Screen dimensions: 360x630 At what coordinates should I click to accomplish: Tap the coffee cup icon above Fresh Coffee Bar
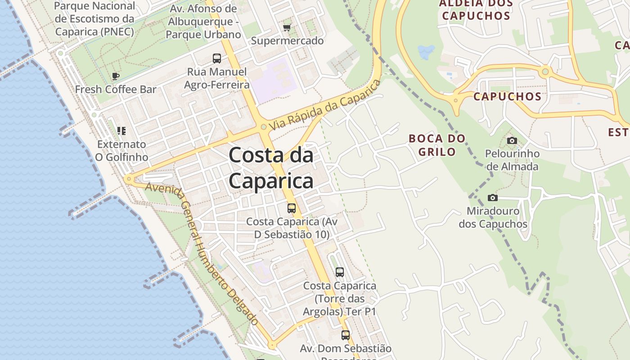pyautogui.click(x=116, y=76)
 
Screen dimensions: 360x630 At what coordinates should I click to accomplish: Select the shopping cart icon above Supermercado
pyautogui.click(x=287, y=27)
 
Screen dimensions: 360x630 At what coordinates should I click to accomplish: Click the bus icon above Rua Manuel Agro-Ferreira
pyautogui.click(x=217, y=58)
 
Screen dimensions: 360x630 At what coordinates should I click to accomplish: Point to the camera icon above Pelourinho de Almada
pyautogui.click(x=512, y=140)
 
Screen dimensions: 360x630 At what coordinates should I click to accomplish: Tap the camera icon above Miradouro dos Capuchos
pyautogui.click(x=493, y=198)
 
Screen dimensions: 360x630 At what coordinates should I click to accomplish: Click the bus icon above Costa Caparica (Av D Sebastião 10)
pyautogui.click(x=292, y=208)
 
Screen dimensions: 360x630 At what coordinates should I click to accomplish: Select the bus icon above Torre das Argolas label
pyautogui.click(x=340, y=272)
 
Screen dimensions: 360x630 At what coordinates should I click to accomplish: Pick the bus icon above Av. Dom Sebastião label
pyautogui.click(x=345, y=335)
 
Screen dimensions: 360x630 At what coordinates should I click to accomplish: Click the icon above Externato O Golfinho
pyautogui.click(x=121, y=131)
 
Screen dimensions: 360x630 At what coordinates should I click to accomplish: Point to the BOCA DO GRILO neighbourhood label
pyautogui.click(x=437, y=145)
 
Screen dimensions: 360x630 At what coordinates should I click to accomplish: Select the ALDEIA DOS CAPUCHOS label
pyautogui.click(x=476, y=10)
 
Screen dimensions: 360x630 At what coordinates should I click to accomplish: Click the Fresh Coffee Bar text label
pyautogui.click(x=116, y=89)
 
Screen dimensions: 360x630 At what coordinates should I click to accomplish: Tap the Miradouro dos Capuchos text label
pyautogui.click(x=493, y=217)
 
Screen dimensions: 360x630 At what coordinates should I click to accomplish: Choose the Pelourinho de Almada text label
pyautogui.click(x=512, y=160)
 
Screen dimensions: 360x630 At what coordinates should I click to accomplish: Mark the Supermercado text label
pyautogui.click(x=287, y=40)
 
